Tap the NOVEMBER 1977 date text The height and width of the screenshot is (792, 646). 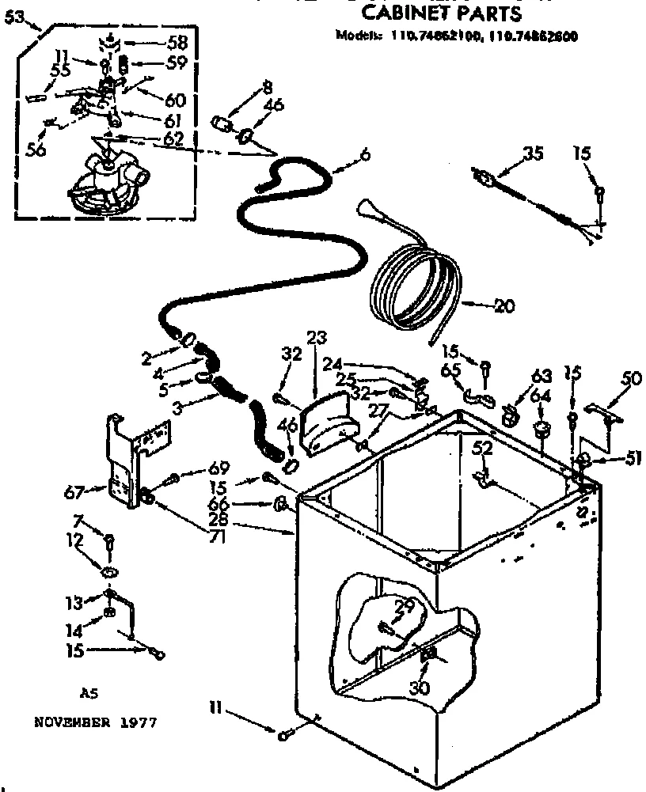pos(95,722)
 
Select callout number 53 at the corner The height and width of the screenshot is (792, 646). pos(13,19)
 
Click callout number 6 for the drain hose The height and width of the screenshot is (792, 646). pos(365,156)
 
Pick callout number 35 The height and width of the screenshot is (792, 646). pos(534,154)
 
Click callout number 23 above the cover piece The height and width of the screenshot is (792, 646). pos(317,338)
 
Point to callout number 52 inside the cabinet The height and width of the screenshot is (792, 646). pos(482,449)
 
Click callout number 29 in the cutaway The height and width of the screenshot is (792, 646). pos(404,608)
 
